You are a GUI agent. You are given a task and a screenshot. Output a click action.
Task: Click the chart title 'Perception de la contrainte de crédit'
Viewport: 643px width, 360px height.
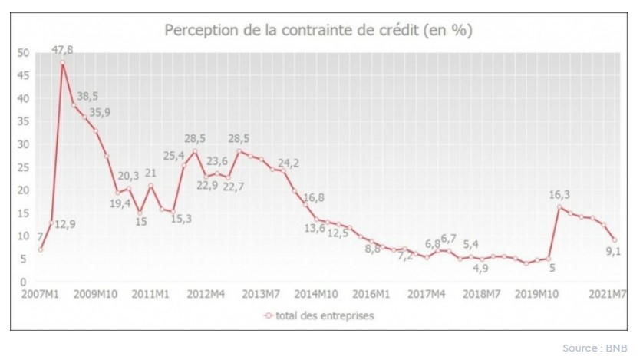[318, 31]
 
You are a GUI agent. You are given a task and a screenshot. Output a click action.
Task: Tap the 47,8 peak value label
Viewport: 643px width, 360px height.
[61, 50]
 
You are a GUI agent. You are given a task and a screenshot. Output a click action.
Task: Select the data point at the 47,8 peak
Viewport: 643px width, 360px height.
[62, 62]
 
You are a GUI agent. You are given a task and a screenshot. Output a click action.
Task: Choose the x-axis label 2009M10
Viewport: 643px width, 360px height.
[95, 294]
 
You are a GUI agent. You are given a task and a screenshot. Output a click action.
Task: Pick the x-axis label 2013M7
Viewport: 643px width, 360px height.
[263, 294]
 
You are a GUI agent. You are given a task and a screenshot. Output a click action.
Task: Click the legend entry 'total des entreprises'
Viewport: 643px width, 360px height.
[321, 315]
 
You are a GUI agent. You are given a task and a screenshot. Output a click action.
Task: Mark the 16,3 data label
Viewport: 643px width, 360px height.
[559, 195]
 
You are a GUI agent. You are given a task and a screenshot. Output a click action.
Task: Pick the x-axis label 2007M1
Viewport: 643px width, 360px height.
[39, 294]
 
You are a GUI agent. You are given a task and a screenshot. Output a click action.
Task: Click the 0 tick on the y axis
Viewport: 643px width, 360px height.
[25, 282]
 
